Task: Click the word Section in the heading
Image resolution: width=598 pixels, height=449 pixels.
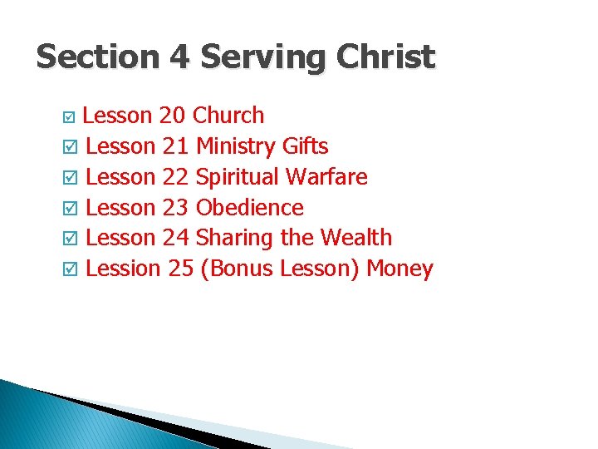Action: click(98, 57)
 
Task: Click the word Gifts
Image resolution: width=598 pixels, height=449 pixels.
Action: click(305, 147)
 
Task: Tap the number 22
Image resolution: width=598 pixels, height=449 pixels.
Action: click(175, 177)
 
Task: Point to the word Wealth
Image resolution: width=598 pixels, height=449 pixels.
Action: click(355, 238)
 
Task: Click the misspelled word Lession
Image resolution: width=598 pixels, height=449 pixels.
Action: click(122, 269)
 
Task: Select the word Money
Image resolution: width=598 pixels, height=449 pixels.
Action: click(399, 269)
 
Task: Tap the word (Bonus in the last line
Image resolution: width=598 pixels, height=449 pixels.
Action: click(237, 269)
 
